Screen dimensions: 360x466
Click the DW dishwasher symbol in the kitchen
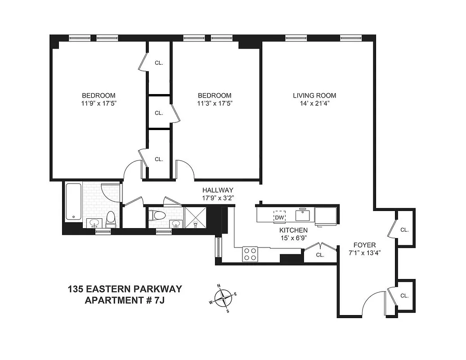pyautogui.click(x=279, y=217)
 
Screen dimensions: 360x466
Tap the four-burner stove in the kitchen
pyautogui.click(x=250, y=254)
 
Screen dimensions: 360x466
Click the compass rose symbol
pyautogui.click(x=223, y=298)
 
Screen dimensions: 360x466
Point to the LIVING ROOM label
pyautogui.click(x=314, y=95)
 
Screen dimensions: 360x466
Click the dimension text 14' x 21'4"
pyautogui.click(x=314, y=103)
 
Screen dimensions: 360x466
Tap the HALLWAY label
pyautogui.click(x=218, y=190)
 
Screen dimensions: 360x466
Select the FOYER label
pyautogui.click(x=364, y=245)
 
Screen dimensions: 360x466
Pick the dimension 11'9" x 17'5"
pyautogui.click(x=98, y=103)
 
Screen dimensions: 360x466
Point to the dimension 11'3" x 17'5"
pyautogui.click(x=215, y=103)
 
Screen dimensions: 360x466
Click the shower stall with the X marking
pyautogui.click(x=195, y=216)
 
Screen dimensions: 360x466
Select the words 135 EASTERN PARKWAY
pyautogui.click(x=125, y=289)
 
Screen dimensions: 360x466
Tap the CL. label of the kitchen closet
pyautogui.click(x=320, y=255)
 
